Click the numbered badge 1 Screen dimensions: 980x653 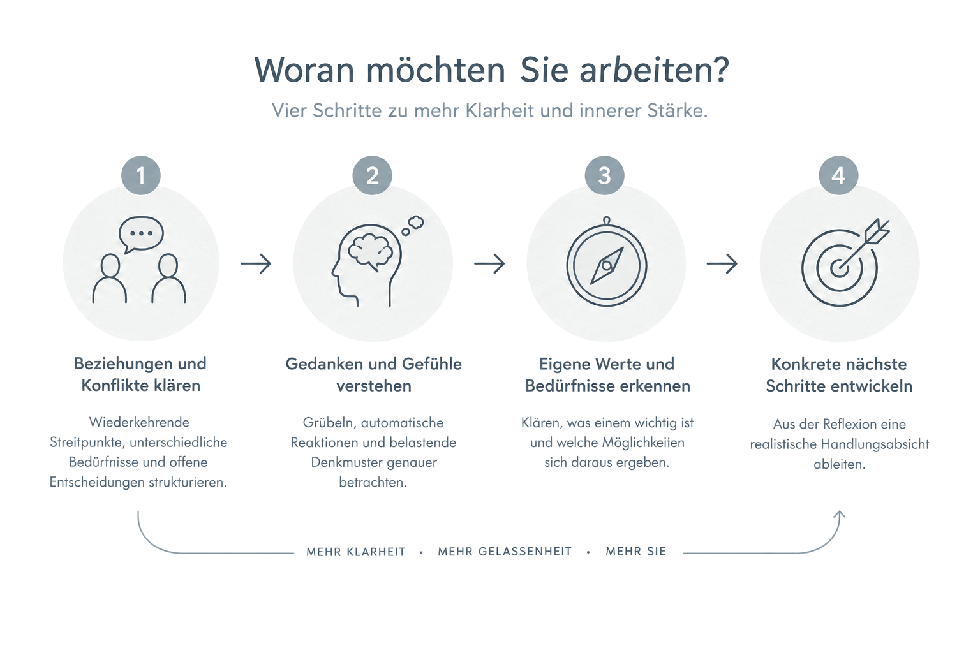point(141,175)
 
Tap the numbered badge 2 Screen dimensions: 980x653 point(373,175)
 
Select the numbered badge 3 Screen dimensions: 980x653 point(605,175)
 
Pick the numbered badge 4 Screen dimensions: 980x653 point(838,175)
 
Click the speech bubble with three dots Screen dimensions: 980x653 point(141,235)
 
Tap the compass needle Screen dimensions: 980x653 point(607,265)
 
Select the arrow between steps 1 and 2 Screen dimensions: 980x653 point(256,264)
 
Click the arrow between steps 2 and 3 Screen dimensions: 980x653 point(489,264)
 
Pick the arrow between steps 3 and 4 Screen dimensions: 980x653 point(722,264)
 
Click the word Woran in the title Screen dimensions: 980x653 point(304,70)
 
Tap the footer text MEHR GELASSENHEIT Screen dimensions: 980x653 point(505,552)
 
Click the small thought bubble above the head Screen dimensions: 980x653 point(412,225)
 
